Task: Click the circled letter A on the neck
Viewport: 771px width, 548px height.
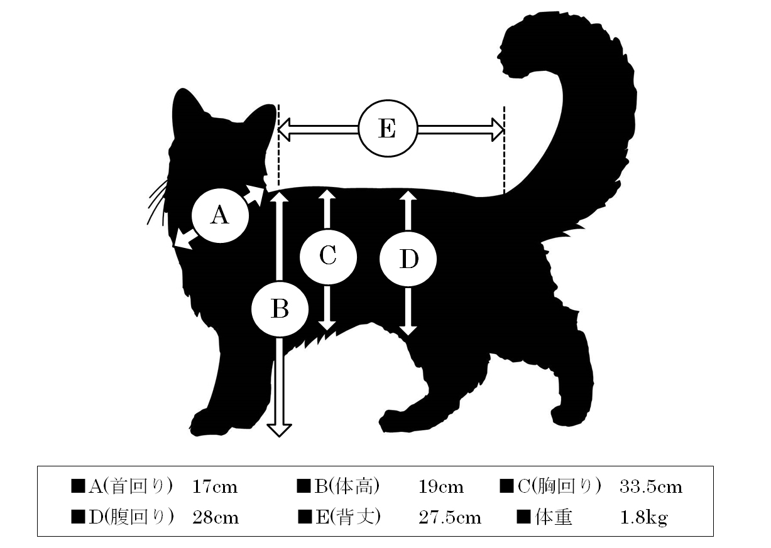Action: point(220,215)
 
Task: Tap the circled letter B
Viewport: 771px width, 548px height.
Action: point(280,309)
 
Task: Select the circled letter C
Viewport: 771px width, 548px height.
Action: point(327,257)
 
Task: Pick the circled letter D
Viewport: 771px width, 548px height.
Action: point(408,259)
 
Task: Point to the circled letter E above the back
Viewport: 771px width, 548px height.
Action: point(388,129)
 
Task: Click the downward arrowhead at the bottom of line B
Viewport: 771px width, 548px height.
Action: point(280,431)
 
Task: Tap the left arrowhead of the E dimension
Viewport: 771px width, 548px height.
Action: point(283,129)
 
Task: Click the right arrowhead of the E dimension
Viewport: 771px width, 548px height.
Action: point(498,129)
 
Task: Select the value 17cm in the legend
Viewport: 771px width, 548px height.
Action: point(215,487)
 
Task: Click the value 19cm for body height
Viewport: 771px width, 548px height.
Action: point(441,487)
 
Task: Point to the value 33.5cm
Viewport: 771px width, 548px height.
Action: point(650,487)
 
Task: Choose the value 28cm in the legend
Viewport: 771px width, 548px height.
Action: point(216,517)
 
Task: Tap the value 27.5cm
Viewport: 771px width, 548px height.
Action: point(450,517)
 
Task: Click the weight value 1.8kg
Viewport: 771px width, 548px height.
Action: point(643,518)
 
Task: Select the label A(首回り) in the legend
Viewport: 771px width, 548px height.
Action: point(131,486)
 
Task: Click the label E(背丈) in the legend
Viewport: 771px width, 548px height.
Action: point(348,517)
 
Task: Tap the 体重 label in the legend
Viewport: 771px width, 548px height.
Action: point(554,517)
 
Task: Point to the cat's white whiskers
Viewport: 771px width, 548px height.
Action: point(158,202)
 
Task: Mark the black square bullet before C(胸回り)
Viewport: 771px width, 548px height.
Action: point(506,486)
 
